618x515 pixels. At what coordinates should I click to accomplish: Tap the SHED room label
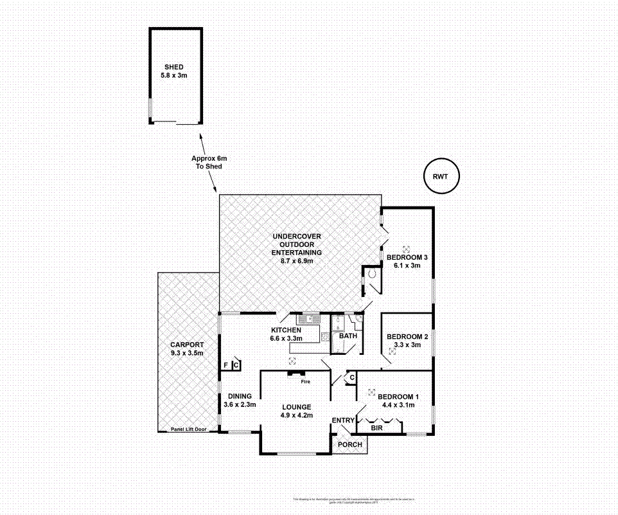[173, 67]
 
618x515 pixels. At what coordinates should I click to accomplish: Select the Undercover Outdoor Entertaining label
[296, 244]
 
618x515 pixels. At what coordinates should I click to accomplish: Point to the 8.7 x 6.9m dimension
[296, 260]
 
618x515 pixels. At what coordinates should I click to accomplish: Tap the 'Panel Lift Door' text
[188, 429]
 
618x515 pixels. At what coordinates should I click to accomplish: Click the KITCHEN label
[286, 330]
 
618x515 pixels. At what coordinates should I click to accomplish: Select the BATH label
[348, 336]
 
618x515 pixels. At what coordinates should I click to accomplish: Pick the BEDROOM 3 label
[407, 257]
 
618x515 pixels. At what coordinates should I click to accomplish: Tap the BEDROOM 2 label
[407, 336]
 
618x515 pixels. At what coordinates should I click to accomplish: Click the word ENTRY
[343, 420]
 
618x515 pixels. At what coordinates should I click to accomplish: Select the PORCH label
[349, 444]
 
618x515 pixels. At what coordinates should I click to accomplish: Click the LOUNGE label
[296, 407]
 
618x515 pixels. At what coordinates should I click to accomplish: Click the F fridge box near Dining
[225, 365]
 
